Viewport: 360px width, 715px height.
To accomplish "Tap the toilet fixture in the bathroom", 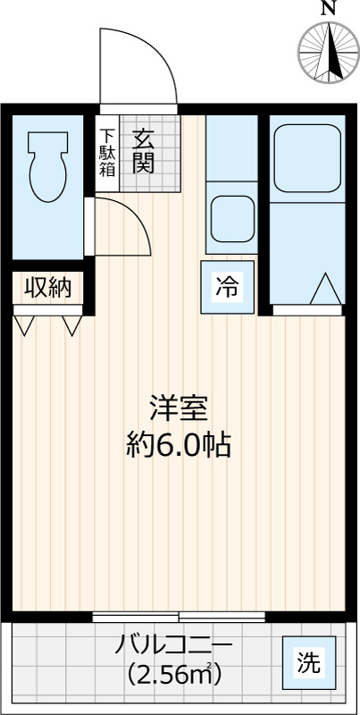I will coord(47,166).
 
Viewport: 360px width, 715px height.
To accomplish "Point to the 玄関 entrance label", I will coord(143,149).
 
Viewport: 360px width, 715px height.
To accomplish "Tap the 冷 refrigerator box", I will coord(227,288).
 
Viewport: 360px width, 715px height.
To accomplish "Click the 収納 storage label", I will coord(46,288).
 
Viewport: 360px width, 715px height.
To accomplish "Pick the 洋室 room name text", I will coord(179,409).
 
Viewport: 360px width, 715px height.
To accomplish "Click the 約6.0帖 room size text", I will coord(179,444).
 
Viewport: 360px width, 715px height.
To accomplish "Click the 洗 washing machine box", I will coord(309,663).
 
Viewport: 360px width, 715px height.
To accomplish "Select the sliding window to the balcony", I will coord(179,616).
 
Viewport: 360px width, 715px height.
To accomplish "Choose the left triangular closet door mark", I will coord(24,324).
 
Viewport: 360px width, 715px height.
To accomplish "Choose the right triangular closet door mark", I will coord(71,324).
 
